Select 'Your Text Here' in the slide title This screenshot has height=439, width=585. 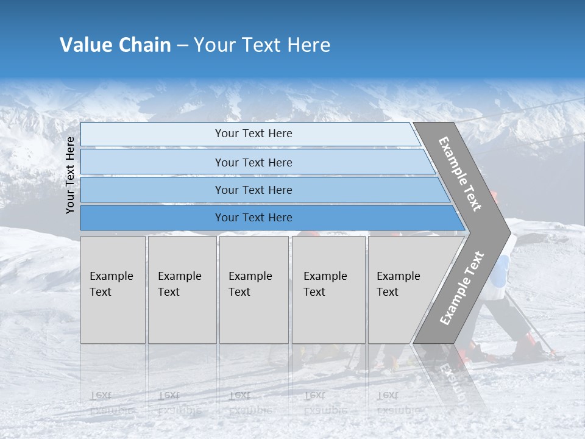(x=262, y=45)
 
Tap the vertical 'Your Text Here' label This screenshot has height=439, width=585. (x=70, y=175)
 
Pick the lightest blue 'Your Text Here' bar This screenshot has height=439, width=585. (x=253, y=134)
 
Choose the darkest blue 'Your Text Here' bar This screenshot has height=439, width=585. (x=253, y=218)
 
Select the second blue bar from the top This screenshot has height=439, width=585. (x=253, y=162)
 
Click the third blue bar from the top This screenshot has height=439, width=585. (x=253, y=190)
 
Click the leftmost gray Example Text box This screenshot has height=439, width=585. (x=113, y=290)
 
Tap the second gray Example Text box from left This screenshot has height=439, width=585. (x=182, y=290)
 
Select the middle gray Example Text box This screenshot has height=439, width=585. (x=253, y=290)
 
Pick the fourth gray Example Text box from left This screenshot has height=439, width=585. (x=328, y=290)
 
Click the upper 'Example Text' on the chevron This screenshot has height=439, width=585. (x=461, y=174)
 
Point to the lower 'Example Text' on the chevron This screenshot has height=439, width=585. (x=462, y=288)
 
